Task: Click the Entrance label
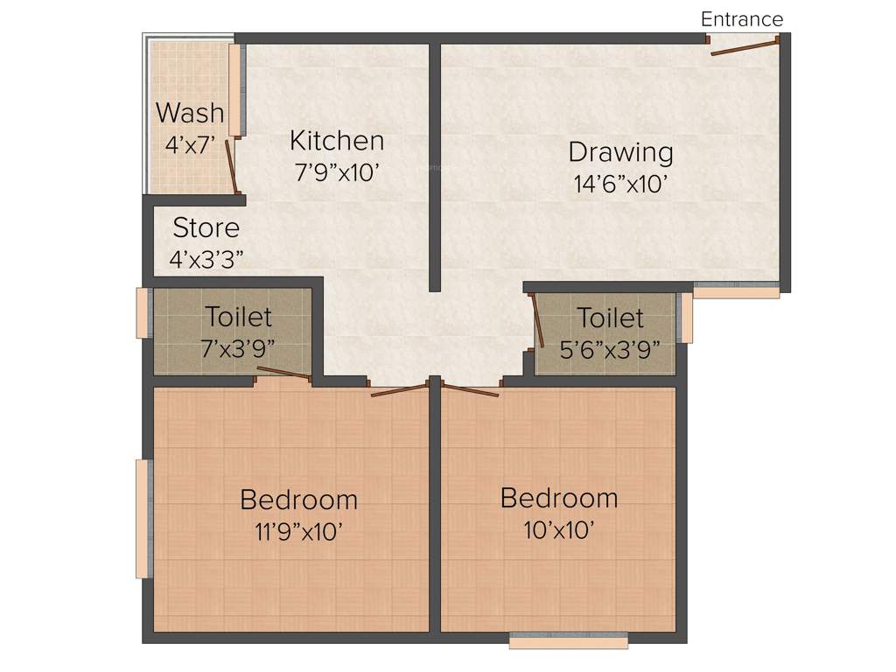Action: [x=742, y=19]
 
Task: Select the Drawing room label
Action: [x=620, y=152]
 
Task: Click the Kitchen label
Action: [x=337, y=141]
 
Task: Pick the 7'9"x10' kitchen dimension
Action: [x=337, y=171]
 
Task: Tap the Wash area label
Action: [x=190, y=113]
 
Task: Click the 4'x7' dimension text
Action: [x=190, y=143]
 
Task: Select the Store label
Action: [x=206, y=228]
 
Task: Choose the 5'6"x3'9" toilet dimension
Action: [x=610, y=347]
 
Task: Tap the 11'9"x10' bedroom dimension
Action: [x=298, y=530]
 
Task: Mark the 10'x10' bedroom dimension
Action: [x=559, y=528]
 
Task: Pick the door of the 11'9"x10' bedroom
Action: [x=401, y=388]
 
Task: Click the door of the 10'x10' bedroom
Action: [x=470, y=388]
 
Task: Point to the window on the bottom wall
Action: [x=569, y=641]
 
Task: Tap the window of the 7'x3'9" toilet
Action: [x=143, y=312]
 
